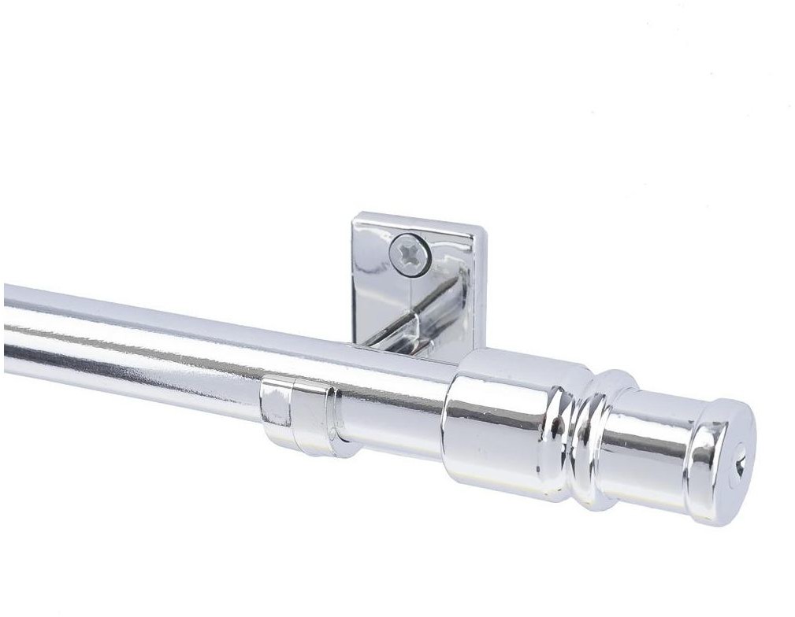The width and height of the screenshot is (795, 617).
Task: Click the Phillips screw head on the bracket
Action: point(410,254)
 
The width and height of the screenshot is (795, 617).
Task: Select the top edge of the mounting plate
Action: point(418,220)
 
